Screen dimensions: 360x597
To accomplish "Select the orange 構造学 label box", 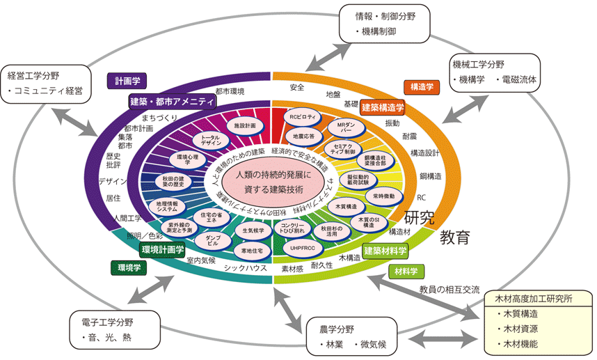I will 420,86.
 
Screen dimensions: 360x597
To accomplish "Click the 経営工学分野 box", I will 47,82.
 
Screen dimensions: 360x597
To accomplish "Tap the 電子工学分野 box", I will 114,331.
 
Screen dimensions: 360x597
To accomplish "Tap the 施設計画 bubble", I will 245,125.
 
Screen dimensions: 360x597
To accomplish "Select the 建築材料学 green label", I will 385,249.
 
